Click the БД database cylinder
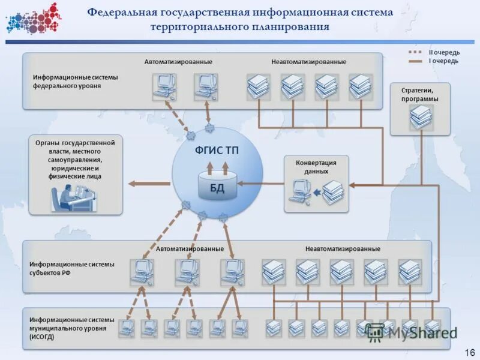[x=217, y=187]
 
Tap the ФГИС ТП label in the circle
[x=217, y=151]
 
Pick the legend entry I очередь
[x=443, y=61]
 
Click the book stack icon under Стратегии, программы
[x=421, y=118]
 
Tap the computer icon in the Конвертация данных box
[x=299, y=193]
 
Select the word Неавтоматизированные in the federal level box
[x=308, y=62]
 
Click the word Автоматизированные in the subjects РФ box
[x=190, y=248]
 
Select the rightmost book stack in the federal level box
[x=361, y=86]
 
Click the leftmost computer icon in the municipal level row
[x=127, y=328]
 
